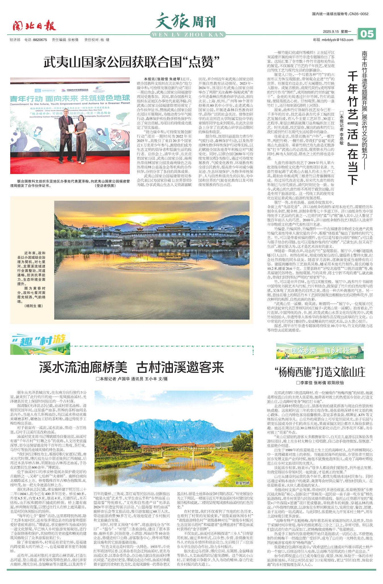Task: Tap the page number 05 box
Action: [x=367, y=34]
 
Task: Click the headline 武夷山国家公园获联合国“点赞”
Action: [x=132, y=62]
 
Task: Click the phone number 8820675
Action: [x=40, y=40]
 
